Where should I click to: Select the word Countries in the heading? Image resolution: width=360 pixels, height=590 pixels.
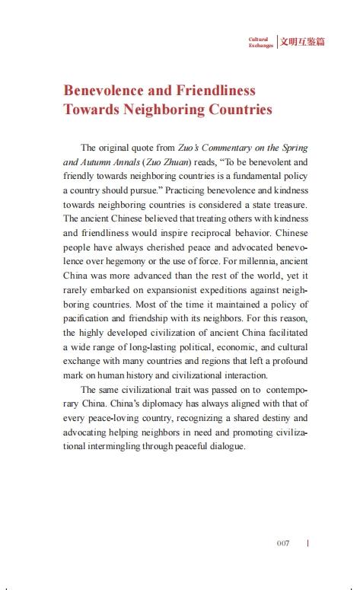234,110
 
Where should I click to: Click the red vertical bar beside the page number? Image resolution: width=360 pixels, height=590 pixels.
307,544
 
